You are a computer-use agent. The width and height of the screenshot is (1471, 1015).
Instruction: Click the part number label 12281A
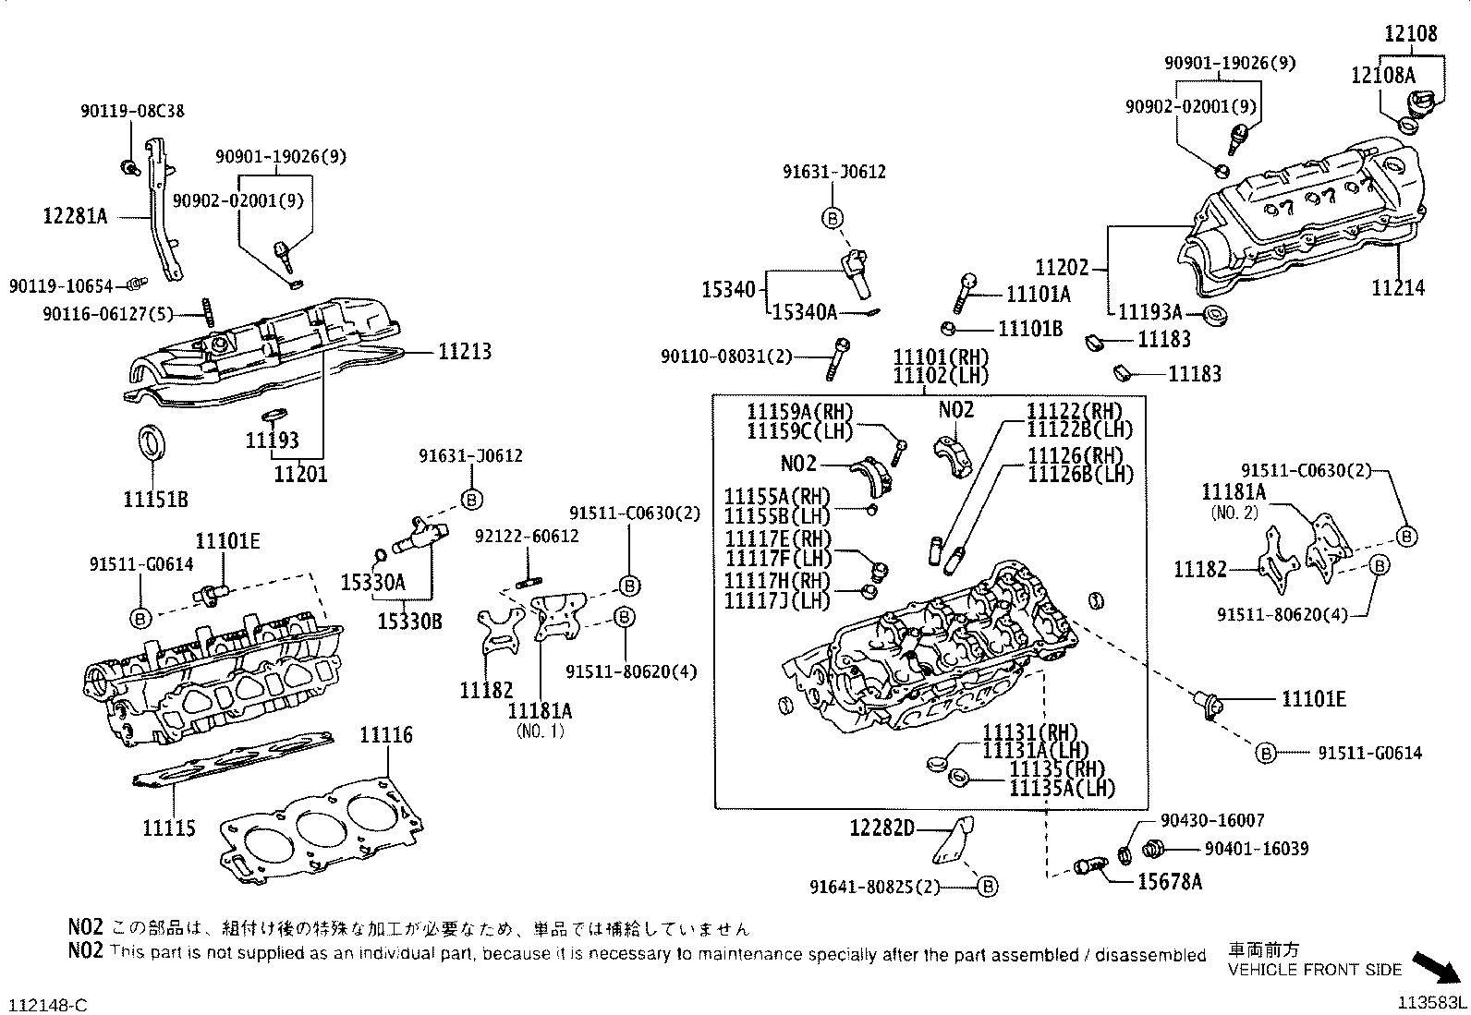75,217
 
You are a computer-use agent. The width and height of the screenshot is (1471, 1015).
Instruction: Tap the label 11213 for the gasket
465,352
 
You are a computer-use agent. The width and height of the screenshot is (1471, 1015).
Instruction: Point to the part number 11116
386,736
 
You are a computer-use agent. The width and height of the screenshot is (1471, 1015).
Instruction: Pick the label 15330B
409,622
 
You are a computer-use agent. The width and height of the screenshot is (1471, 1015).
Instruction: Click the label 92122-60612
527,536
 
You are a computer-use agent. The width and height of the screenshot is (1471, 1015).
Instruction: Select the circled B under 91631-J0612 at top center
833,218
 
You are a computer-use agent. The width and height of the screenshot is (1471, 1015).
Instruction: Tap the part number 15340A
804,313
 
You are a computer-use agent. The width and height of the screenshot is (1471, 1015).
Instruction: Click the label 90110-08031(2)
726,356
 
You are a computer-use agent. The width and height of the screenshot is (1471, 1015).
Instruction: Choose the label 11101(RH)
941,357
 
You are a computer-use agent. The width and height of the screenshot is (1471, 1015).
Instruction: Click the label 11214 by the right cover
1397,289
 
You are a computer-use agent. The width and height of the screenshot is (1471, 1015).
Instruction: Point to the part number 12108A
1382,75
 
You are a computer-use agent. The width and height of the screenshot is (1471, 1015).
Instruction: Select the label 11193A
1150,313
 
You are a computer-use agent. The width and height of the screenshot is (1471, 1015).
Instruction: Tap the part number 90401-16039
1257,849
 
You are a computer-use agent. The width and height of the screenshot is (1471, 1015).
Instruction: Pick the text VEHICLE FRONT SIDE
1314,970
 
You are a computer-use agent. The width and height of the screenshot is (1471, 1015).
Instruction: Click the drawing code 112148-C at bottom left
49,1004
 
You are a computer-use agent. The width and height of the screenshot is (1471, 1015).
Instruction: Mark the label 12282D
881,828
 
